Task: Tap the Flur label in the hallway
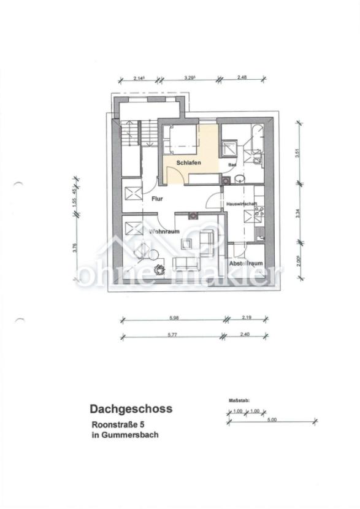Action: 158,198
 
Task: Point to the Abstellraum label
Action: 246,263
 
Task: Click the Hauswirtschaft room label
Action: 241,204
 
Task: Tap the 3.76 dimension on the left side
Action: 75,248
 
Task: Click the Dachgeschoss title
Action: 131,408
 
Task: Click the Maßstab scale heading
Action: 239,399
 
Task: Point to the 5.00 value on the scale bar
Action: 272,419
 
